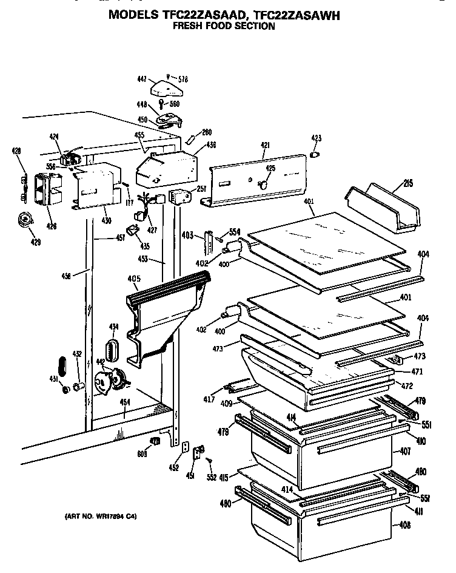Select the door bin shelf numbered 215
382,209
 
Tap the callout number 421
264,146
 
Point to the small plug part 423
315,155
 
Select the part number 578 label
183,79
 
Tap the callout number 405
134,279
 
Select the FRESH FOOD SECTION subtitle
223,26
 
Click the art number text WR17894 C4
101,517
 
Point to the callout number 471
417,371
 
